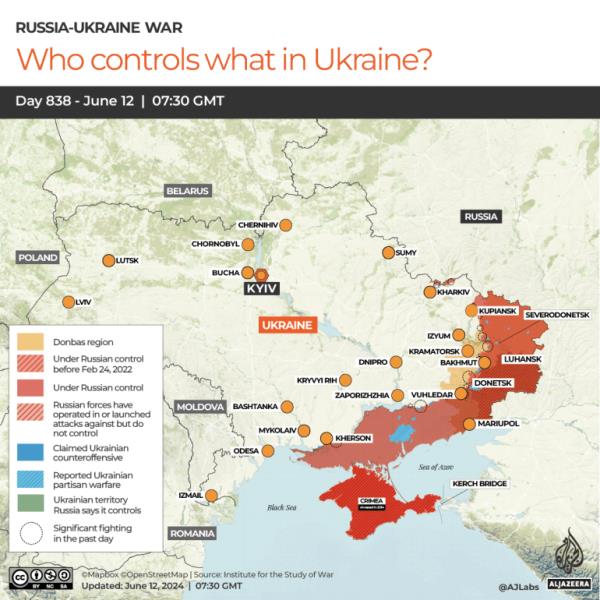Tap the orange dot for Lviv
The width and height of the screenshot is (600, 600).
pos(68,302)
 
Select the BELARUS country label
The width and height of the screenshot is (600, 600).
pos(188,190)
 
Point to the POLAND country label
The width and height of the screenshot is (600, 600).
pos(39,257)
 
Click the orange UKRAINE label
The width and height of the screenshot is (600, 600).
pos(287,325)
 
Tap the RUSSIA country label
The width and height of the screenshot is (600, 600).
pos(481,216)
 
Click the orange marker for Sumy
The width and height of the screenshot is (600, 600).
pos(388,253)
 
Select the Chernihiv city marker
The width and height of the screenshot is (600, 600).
pos(286,226)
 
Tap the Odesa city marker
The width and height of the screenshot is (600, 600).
pos(268,451)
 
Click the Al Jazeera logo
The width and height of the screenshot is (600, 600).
pos(566,553)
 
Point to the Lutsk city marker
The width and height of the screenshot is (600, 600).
pos(108,261)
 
